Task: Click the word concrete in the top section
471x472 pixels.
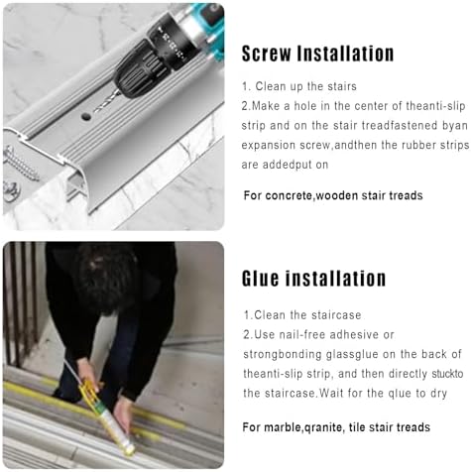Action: [294, 195]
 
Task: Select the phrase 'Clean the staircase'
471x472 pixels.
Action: [301, 315]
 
